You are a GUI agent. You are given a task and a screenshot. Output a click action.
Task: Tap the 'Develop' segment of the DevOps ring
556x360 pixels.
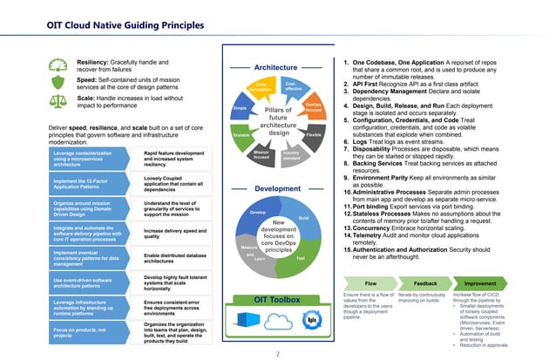click(257, 213)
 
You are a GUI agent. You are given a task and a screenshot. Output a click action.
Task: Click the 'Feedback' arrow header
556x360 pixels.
click(425, 283)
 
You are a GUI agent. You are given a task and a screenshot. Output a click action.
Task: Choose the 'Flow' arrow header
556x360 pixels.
click(370, 283)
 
